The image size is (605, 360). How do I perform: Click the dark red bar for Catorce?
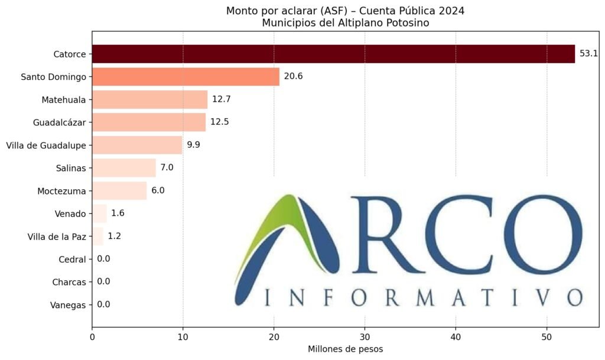click(x=333, y=54)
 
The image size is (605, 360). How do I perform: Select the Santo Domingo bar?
click(x=186, y=77)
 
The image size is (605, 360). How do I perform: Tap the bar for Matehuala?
click(x=149, y=99)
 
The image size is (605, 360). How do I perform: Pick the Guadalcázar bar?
click(x=149, y=122)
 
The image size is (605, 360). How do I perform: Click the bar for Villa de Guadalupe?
click(x=137, y=145)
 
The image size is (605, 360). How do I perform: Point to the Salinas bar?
click(x=124, y=168)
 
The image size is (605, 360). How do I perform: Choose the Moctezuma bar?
click(x=119, y=190)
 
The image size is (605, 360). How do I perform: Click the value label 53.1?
click(x=589, y=54)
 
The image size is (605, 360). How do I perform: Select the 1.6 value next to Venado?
click(x=118, y=213)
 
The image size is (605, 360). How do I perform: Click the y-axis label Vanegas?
click(x=69, y=305)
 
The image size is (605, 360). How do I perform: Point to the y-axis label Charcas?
click(x=69, y=282)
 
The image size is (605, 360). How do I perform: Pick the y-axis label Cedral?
click(x=72, y=260)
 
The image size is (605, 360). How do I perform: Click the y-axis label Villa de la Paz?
click(x=57, y=236)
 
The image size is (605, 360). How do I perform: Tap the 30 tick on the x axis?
click(x=365, y=337)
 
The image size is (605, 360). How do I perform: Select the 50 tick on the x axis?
click(x=547, y=337)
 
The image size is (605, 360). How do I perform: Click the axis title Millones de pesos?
click(x=345, y=349)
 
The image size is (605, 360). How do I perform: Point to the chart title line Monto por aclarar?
click(x=345, y=11)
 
